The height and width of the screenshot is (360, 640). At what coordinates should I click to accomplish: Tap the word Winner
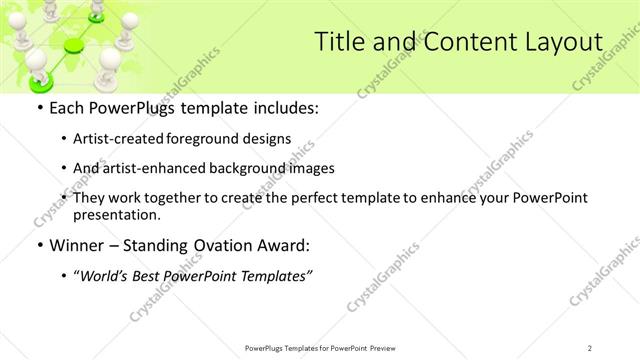pos(79,244)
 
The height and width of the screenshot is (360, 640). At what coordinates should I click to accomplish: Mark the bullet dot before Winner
pos(39,244)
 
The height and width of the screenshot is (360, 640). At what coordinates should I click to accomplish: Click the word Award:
pos(293,244)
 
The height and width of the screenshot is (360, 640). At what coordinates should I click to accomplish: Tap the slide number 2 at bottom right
pos(590,347)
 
